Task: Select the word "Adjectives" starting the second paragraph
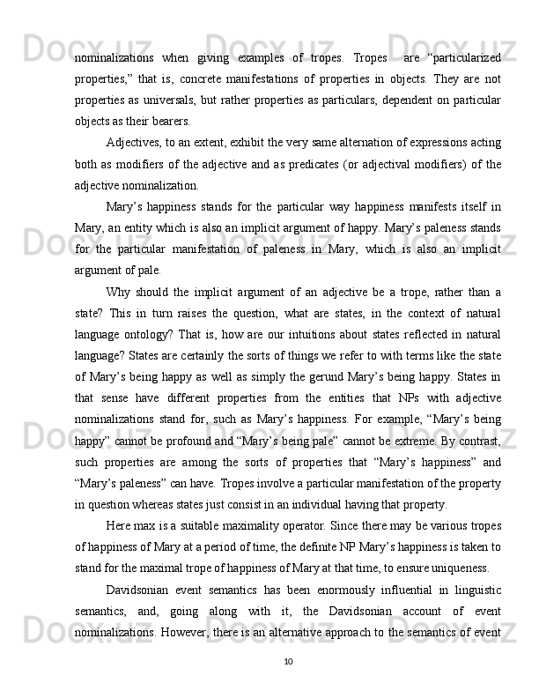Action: (x=134, y=144)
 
